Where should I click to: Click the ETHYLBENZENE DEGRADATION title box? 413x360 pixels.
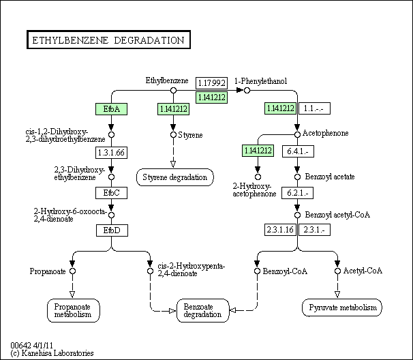[x=108, y=40]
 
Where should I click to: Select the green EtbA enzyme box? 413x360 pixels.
[x=111, y=108]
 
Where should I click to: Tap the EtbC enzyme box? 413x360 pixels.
[x=111, y=192]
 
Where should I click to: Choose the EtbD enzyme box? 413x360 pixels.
[x=111, y=230]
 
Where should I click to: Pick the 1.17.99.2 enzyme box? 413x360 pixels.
[x=211, y=83]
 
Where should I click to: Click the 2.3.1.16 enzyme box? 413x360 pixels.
[x=280, y=230]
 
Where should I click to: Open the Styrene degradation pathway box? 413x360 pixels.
[x=174, y=177]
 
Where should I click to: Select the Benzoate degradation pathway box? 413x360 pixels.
[x=202, y=310]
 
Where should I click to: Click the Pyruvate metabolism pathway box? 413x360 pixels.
[x=341, y=308]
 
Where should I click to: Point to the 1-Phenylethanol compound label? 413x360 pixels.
[x=262, y=81]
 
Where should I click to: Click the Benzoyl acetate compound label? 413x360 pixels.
[x=330, y=177]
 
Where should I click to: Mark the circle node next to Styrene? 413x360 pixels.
[x=174, y=135]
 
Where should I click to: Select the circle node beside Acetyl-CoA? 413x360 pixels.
[x=337, y=271]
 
